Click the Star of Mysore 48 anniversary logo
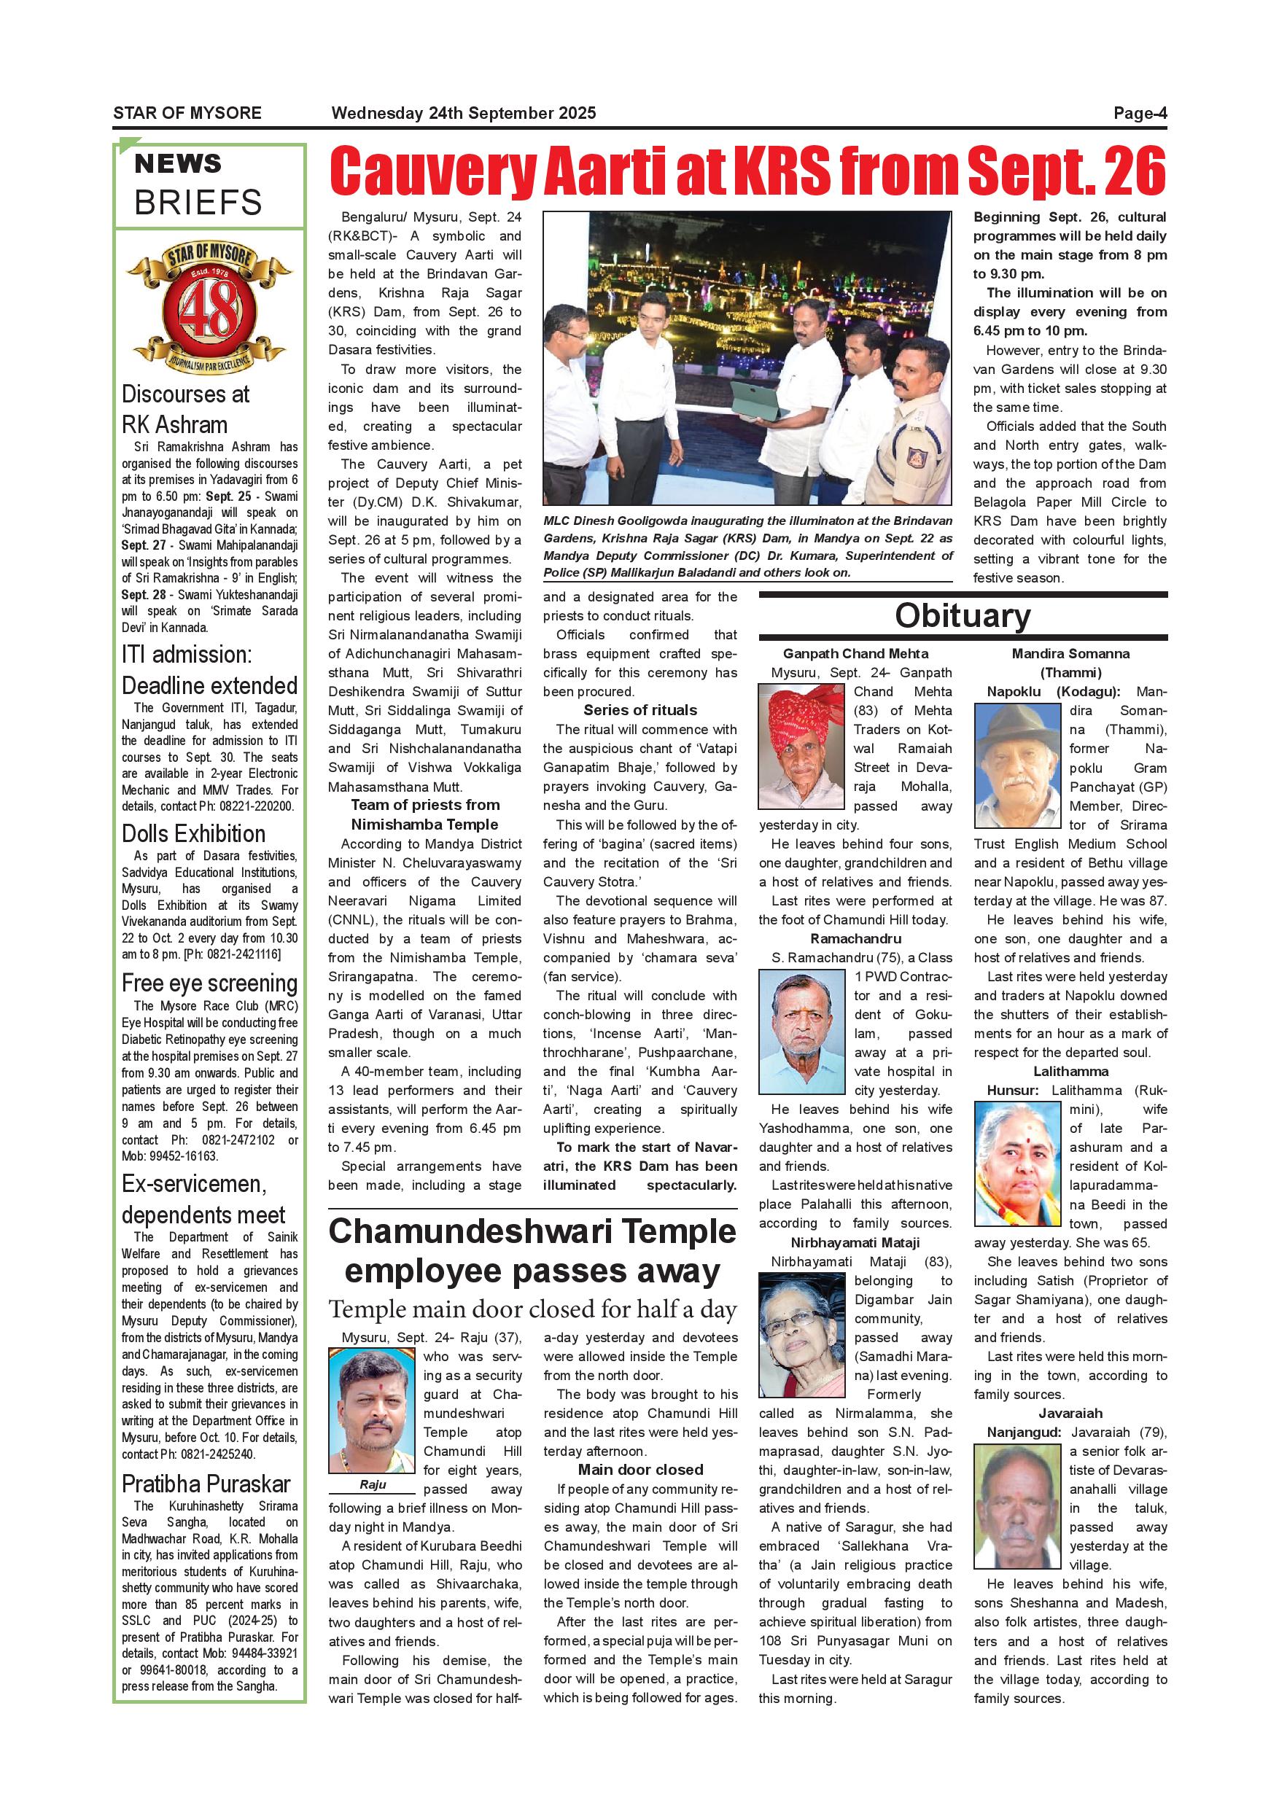(209, 308)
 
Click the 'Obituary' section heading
(962, 616)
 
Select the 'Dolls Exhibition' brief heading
(193, 834)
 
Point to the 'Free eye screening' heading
(209, 983)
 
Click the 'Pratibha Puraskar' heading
(206, 1484)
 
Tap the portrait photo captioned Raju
(372, 1411)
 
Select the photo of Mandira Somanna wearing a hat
(1016, 765)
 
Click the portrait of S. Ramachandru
(801, 1032)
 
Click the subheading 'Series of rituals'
(639, 710)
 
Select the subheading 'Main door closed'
(639, 1470)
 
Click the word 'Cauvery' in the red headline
(433, 171)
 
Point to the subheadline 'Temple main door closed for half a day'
(532, 1309)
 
